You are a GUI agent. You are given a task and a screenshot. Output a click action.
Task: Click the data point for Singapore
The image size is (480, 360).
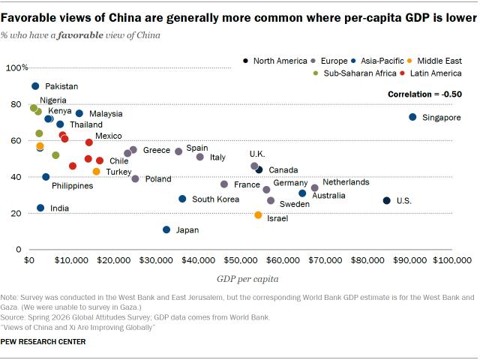[x=412, y=117]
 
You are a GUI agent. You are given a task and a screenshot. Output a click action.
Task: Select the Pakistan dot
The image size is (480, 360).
[x=35, y=86]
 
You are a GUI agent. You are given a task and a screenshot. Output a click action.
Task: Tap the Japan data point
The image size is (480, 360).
[x=166, y=229]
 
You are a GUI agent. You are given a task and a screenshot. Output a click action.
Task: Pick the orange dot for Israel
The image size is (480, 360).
[x=258, y=215]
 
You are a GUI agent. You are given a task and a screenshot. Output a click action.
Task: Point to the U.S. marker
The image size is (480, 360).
[x=387, y=200]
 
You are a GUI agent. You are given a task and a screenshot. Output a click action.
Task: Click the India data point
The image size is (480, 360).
[x=40, y=208]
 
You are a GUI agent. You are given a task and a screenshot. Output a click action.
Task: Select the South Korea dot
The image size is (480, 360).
[x=182, y=199]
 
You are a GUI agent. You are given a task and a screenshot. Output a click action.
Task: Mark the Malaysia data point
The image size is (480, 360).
[x=79, y=113]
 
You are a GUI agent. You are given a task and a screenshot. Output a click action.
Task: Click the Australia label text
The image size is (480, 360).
[x=328, y=195]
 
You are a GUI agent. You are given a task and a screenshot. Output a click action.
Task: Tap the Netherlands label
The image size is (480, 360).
[x=346, y=182]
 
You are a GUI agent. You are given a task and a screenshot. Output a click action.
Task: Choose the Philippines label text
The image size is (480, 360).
[x=73, y=186]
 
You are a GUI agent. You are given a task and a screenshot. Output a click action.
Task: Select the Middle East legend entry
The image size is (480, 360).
[x=435, y=61]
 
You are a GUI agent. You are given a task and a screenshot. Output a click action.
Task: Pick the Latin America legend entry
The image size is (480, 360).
[x=430, y=73]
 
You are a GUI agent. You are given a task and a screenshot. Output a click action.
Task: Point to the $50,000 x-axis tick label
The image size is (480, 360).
[x=241, y=260]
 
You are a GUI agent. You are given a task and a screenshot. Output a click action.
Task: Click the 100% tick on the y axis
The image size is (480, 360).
[x=16, y=67]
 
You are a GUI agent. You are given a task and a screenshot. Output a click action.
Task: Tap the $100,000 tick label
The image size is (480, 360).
[x=452, y=260]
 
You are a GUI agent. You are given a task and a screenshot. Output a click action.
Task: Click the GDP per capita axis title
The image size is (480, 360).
[x=247, y=279]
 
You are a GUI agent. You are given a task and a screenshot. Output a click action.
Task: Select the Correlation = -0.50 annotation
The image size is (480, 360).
[x=425, y=94]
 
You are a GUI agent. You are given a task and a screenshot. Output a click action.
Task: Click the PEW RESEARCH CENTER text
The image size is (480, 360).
[x=43, y=342]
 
